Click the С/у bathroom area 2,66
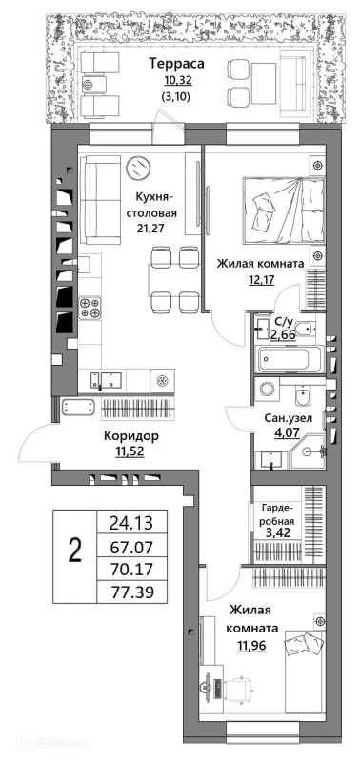282,334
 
